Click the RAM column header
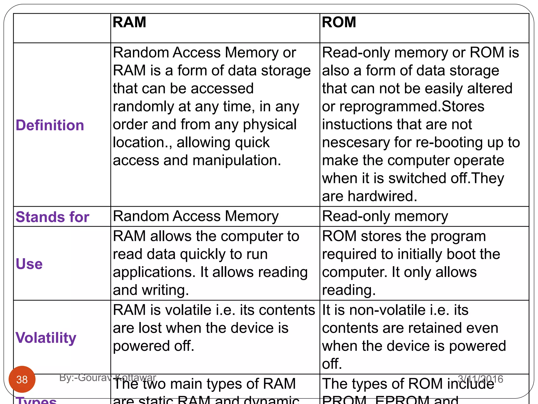click(x=129, y=22)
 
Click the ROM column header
click(x=339, y=22)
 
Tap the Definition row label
click(x=50, y=125)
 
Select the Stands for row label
click(x=53, y=217)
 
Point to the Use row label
click(x=29, y=264)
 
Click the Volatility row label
click(x=46, y=338)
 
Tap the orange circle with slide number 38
click(x=22, y=379)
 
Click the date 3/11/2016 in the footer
click(x=480, y=379)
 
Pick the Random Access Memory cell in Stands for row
click(x=196, y=216)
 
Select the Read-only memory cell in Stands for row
click(x=385, y=216)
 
